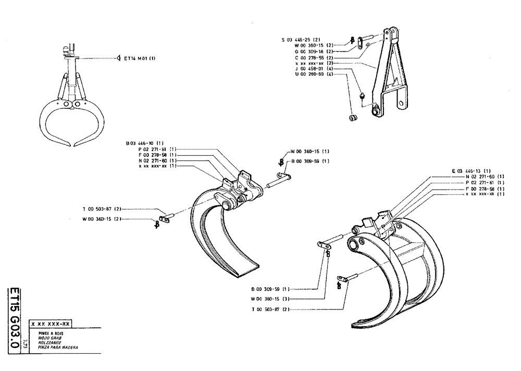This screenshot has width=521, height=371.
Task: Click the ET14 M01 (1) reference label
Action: click(140, 58)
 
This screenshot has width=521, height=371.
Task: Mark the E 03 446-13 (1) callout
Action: click(471, 171)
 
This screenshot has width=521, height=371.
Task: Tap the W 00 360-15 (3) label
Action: click(270, 299)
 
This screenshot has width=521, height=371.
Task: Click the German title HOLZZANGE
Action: click(51, 342)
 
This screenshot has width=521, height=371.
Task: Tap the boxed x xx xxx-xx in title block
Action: click(54, 324)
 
